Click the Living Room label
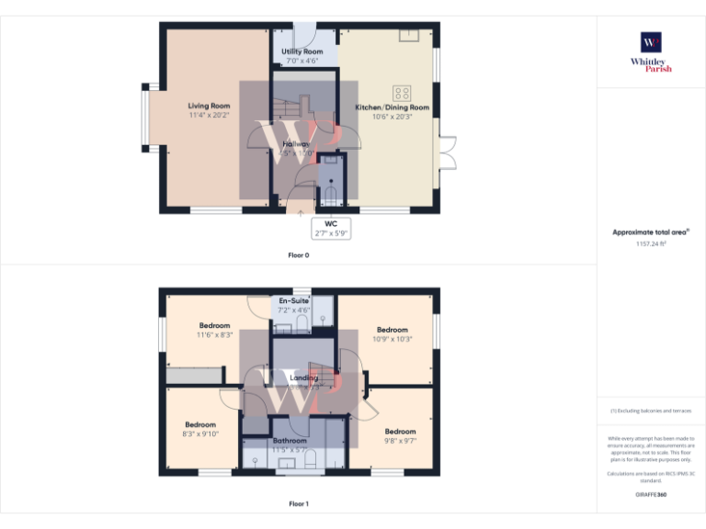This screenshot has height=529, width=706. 209,106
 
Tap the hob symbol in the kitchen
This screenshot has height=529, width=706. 402,93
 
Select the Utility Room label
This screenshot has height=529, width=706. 302,51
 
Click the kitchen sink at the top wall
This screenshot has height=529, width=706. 406,35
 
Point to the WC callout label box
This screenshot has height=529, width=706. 331,228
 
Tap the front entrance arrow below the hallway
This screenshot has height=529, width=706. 301,212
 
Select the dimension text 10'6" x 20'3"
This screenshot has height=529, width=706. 393,117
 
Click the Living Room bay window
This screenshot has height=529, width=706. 145,117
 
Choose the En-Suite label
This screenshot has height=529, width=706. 294,301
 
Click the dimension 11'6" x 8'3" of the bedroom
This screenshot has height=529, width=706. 215,335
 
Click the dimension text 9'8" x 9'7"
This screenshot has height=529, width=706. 400,441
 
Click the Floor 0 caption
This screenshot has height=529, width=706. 299,254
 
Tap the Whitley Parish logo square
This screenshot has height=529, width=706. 651,42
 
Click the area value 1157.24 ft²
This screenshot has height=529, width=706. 651,244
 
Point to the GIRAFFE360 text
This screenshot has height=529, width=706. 651,495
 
